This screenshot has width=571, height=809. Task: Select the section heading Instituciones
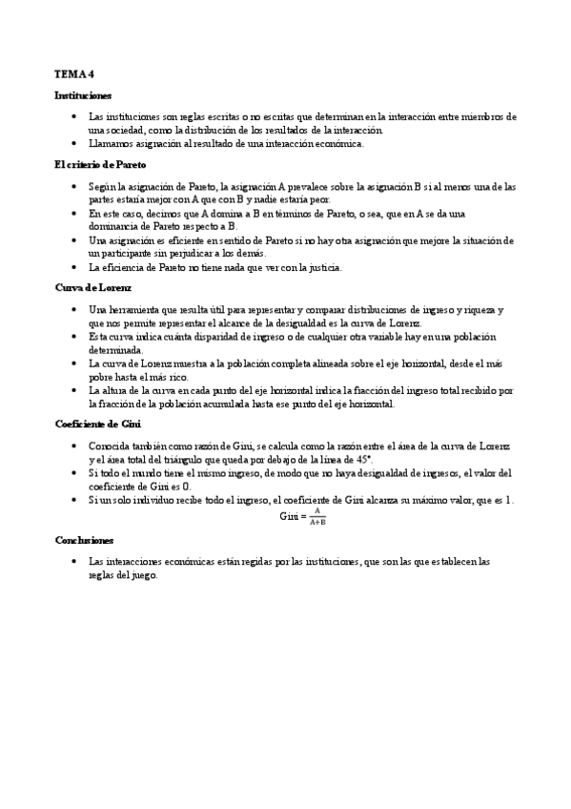(83, 95)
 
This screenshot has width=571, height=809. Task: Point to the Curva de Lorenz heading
(92, 287)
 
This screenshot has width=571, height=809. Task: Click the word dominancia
(115, 226)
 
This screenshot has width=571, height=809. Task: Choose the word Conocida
(112, 446)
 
